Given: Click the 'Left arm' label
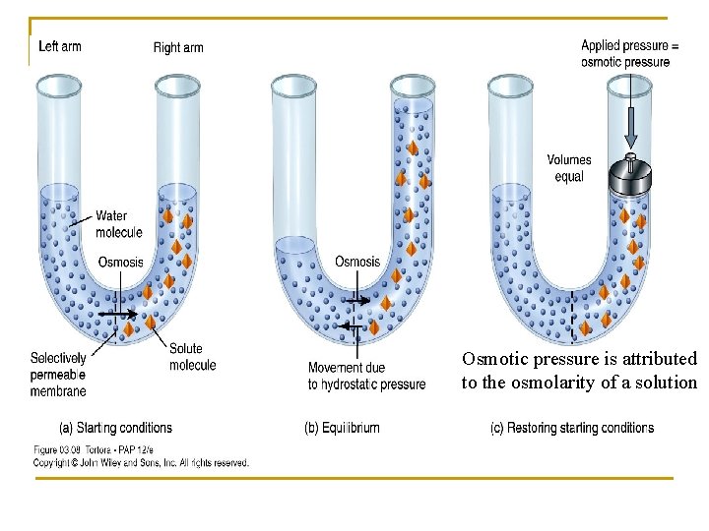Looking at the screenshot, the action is pos(59,46).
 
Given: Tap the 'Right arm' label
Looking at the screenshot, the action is pos(178,47).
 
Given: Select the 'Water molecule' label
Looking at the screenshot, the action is pos(118,224).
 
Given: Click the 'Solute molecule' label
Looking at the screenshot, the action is pos(192,356).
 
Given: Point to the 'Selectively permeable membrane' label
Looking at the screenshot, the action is pos(58,374).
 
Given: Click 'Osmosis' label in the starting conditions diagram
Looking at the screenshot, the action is pos(120,262).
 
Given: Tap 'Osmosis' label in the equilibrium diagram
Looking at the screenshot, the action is pos(357,262).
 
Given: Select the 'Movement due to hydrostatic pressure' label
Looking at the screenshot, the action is pos(366,376).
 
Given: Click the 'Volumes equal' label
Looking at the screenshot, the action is pos(569,168).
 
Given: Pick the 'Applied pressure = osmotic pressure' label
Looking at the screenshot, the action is pos(629,53).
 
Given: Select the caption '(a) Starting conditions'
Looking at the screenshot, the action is pos(115,428).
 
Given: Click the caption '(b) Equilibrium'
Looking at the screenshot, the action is pos(342,428).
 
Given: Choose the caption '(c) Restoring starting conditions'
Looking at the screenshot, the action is pos(572,428).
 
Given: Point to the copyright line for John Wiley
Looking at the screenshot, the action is pos(141,462).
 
